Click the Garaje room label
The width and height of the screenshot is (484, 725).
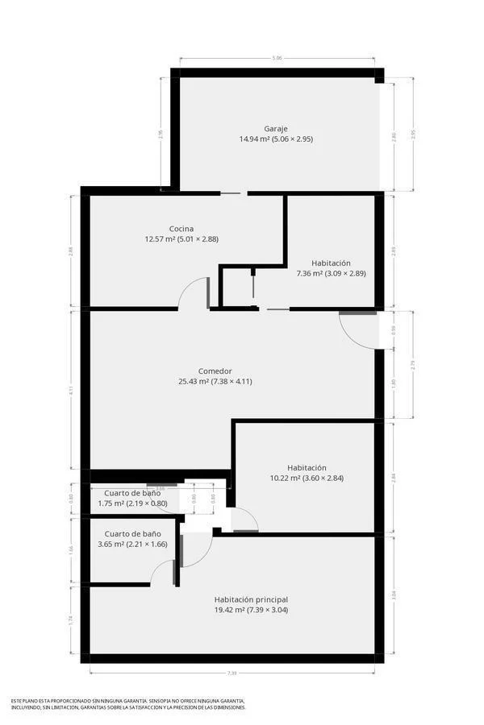276,128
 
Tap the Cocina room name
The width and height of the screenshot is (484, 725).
181,228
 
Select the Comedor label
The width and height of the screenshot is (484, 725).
215,371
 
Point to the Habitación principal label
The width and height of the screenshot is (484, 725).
251,599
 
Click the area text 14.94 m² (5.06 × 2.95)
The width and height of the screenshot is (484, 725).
276,139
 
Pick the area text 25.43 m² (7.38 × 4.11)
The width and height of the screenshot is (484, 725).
215,382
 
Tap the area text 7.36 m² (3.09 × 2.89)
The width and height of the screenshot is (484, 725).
331,274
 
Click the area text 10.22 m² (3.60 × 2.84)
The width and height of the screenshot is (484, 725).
307,478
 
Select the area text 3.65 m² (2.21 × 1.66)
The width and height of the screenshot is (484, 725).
132,545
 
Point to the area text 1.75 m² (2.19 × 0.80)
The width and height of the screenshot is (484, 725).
132,503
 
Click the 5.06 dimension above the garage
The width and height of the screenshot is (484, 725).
277,58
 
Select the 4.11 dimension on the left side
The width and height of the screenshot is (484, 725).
71,389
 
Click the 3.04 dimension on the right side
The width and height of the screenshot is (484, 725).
394,595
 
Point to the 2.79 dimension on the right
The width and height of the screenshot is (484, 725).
413,364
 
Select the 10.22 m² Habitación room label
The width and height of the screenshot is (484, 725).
307,467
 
